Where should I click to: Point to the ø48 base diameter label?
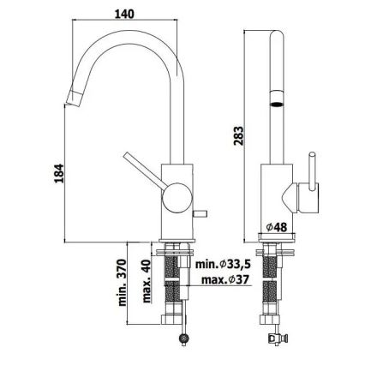pyautogui.click(x=275, y=228)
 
